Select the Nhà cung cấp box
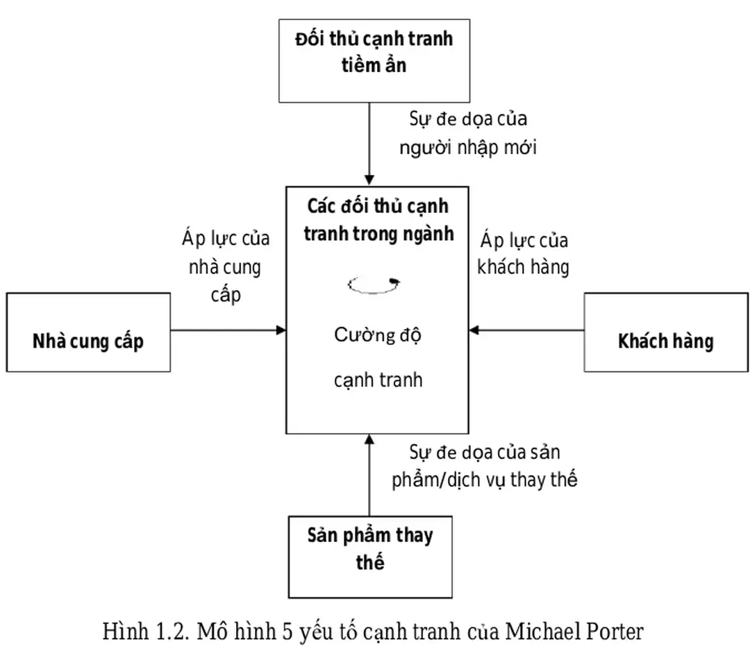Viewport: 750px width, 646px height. point(88,332)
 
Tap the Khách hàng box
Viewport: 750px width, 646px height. point(665,332)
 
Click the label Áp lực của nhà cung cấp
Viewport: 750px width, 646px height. point(226,266)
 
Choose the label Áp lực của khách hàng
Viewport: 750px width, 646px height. point(524,254)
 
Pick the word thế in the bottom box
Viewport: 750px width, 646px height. point(369,561)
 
